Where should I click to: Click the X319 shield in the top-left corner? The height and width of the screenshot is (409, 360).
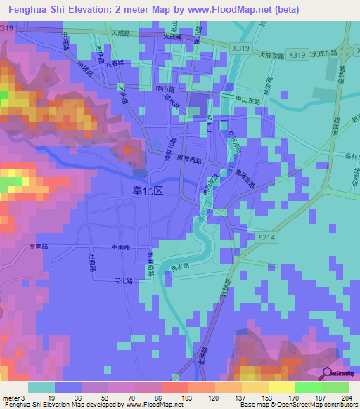pyautogui.click(x=7, y=27)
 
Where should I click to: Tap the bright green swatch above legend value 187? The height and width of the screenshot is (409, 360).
pyautogui.click(x=308, y=387)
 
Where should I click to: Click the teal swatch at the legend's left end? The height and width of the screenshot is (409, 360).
pyautogui.click(x=41, y=387)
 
